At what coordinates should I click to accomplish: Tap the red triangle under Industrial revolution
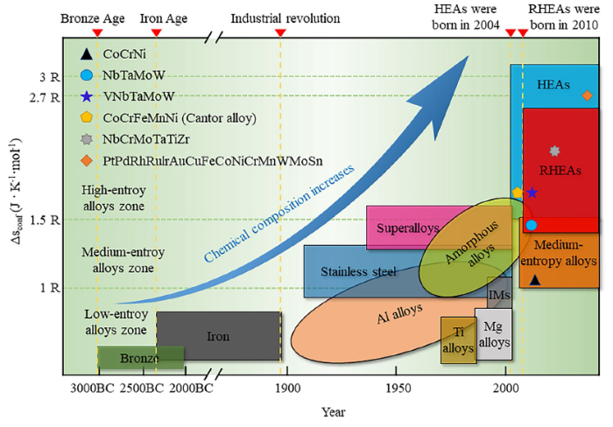[x=280, y=33]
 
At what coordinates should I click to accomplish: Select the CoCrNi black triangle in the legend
[x=86, y=57]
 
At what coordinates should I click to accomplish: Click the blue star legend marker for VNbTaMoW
[x=86, y=96]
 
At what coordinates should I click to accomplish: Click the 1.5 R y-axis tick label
[x=44, y=219]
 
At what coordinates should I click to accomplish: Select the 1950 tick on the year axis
[x=398, y=388]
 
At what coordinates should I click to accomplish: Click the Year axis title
[x=333, y=411]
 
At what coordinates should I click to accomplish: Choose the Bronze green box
[x=140, y=357]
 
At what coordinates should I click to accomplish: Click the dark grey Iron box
[x=219, y=336]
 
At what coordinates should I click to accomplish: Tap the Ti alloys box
[x=457, y=340]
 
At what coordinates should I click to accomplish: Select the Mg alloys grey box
[x=493, y=333]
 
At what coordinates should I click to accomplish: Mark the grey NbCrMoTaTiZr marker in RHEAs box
[x=553, y=151]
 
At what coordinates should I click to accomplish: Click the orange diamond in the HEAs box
[x=587, y=94]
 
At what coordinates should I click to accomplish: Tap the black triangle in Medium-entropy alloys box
[x=535, y=278]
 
